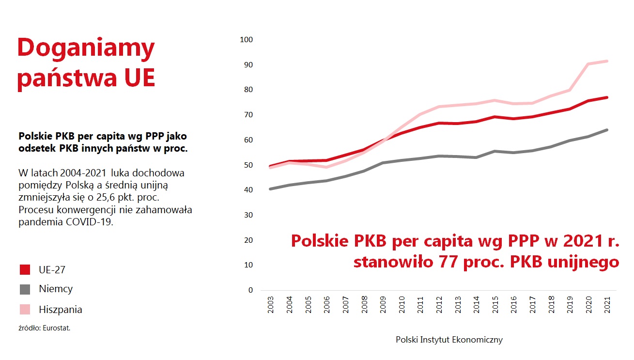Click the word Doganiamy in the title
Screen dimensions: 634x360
(86, 48)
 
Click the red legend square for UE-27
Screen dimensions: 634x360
(25, 270)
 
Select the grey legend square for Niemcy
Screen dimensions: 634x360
(25, 289)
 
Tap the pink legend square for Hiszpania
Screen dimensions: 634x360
(25, 309)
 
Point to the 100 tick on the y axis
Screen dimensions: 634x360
(246, 40)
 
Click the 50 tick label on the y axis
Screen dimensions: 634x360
(248, 165)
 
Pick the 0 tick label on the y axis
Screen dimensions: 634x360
(250, 290)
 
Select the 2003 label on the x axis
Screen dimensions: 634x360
(271, 305)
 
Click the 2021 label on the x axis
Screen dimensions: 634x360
(607, 305)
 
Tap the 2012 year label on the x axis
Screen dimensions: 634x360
(439, 305)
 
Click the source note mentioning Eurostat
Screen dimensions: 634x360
(45, 328)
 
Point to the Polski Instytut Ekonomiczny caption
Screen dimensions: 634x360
(449, 340)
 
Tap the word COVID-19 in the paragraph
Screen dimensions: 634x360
(90, 222)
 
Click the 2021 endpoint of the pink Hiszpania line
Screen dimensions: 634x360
(607, 61)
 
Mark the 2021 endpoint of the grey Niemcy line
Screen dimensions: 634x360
(607, 130)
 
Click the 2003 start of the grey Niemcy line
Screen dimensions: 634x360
(270, 189)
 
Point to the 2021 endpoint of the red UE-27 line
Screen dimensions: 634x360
(607, 97)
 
